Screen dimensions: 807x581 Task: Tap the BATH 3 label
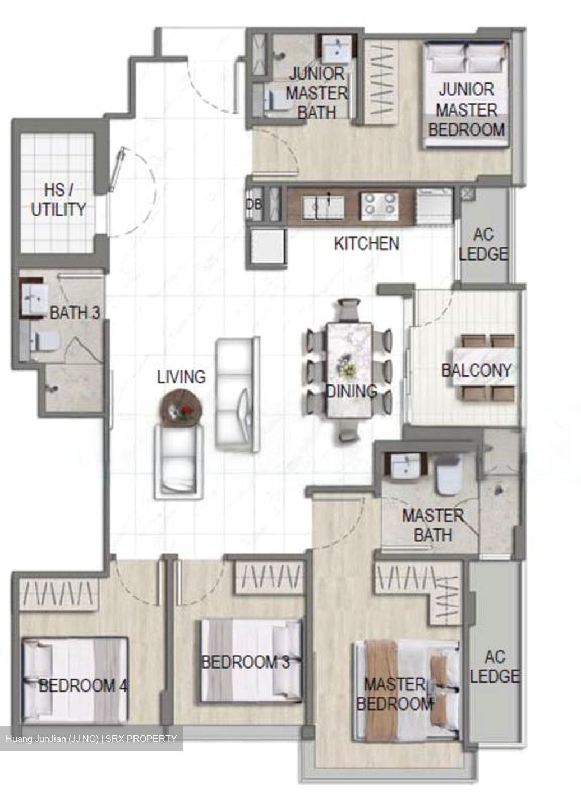pos(75,313)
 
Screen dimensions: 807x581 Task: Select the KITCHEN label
pos(366,244)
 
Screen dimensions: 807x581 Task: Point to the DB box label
pos(253,205)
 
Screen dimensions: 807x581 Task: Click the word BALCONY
pos(476,370)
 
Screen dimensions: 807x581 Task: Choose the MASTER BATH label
pos(433,525)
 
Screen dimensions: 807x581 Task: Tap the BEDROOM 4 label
pos(84,685)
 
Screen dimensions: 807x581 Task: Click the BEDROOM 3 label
pos(245,662)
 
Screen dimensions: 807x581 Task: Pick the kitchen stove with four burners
pos(380,206)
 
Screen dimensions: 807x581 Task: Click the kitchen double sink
pos(324,206)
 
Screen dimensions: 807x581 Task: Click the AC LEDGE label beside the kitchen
pos(483,244)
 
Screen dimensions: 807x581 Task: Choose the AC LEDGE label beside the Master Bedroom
pos(495,666)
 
